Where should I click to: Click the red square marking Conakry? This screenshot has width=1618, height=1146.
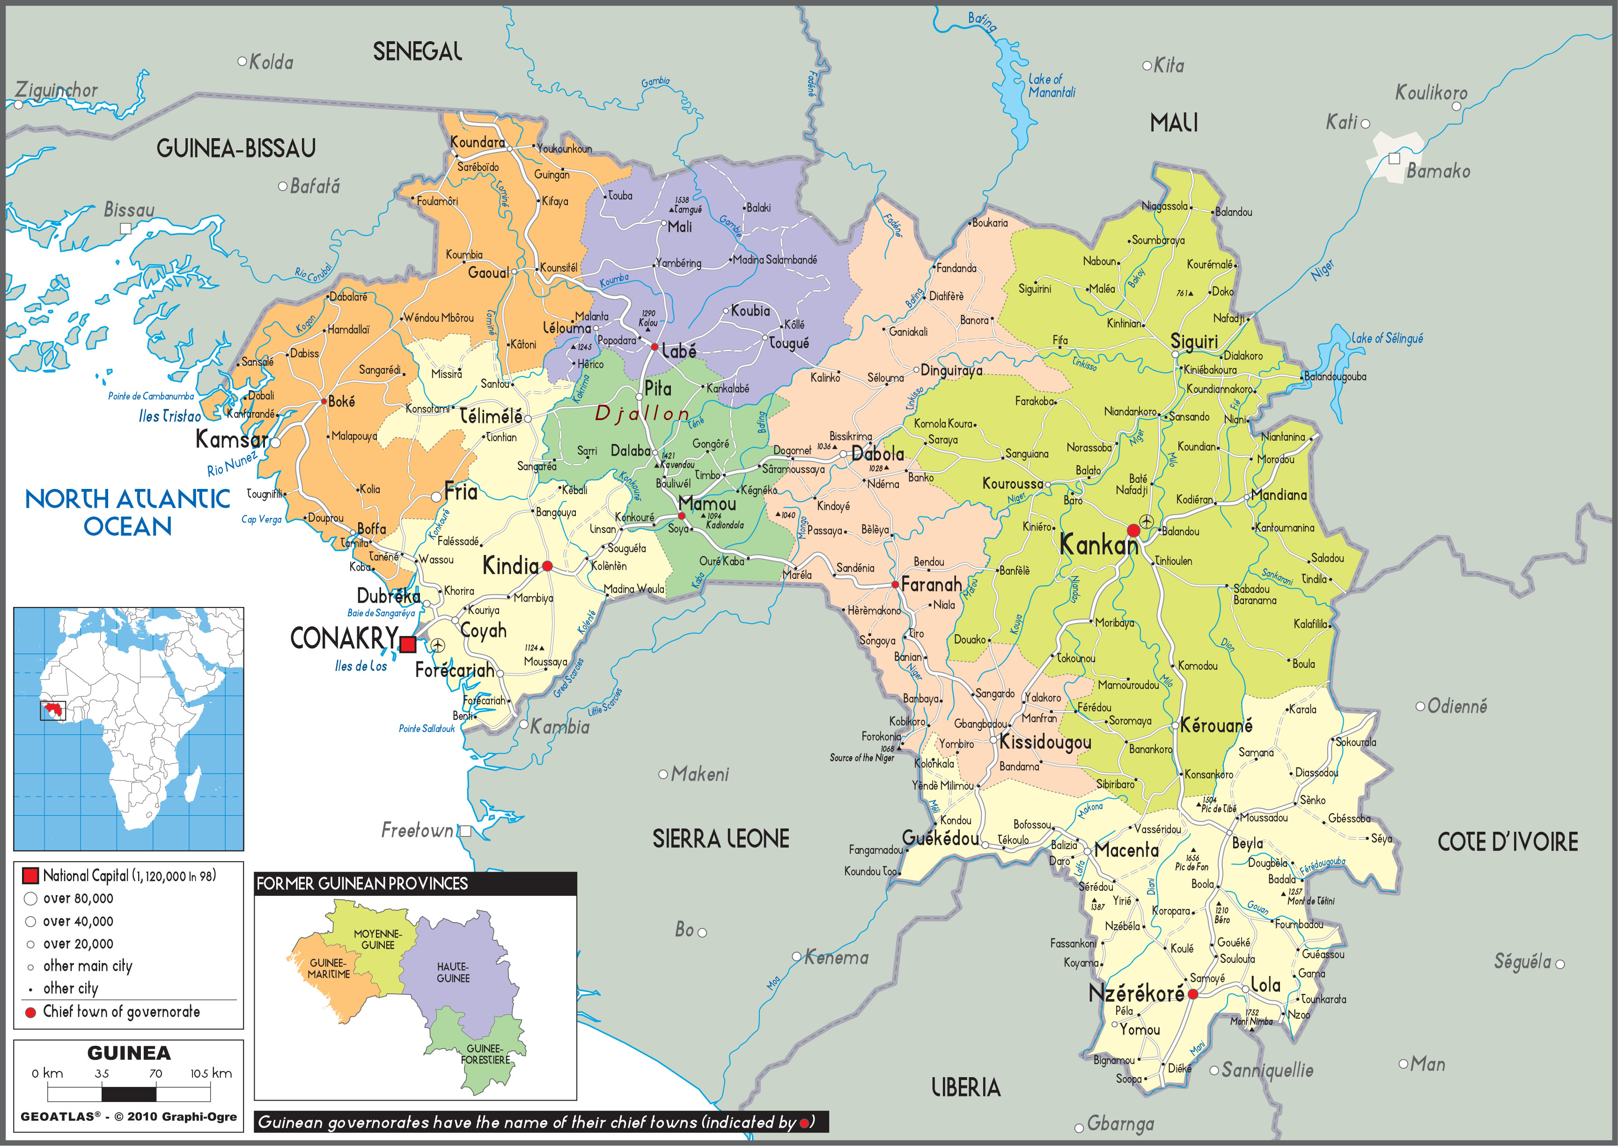pos(408,643)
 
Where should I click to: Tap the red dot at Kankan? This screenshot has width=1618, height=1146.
pos(1133,531)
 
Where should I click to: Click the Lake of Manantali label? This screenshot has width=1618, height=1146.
pos(1051,86)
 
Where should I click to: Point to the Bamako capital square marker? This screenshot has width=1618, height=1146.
pos(1394,158)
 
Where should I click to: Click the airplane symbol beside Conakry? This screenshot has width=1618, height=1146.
pos(438,645)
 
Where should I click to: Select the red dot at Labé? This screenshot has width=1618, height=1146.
pos(655,347)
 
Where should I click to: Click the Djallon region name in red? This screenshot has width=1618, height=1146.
pos(642,414)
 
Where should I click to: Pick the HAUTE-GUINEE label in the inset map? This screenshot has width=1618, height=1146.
pos(453,972)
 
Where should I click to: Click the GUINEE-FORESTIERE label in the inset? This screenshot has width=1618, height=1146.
pos(485,1054)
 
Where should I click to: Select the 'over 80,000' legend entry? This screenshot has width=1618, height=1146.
pos(78,898)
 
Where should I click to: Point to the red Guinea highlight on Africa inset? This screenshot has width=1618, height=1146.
pos(52,709)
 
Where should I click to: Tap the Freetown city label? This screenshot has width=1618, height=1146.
pos(417,830)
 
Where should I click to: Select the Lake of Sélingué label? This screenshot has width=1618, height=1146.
pos(1387,338)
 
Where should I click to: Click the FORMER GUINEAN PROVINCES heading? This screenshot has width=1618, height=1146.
pos(362,883)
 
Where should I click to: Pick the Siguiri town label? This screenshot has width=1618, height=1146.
pos(1194,341)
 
